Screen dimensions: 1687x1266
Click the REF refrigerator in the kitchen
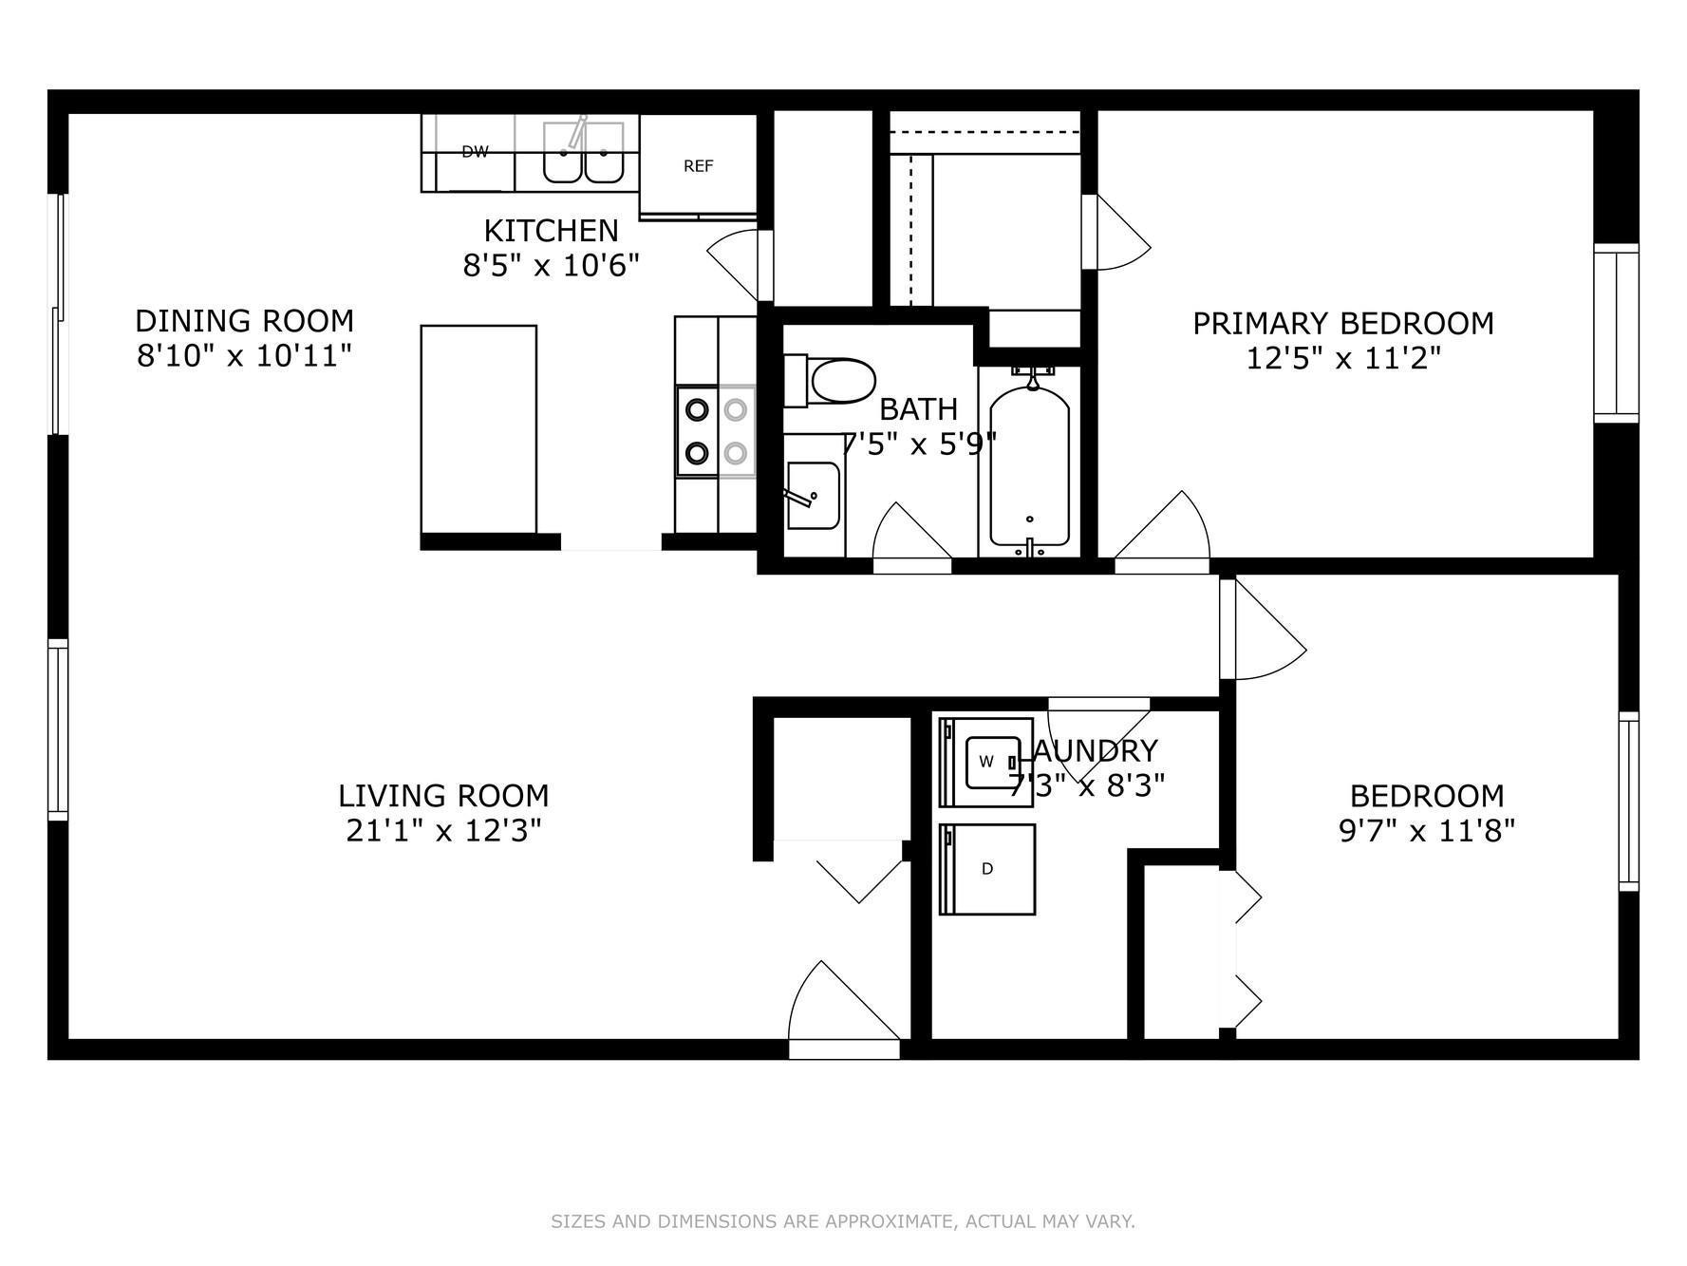tap(698, 165)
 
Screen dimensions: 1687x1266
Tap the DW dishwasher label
tap(475, 151)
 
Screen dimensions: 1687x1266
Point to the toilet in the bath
tap(830, 381)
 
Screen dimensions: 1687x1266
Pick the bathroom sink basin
tap(813, 495)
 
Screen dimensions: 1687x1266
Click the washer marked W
tap(986, 762)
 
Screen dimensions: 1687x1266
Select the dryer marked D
tap(987, 869)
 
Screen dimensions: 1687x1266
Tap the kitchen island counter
tap(478, 429)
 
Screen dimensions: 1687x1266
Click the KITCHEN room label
tap(551, 231)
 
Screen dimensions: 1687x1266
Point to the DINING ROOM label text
tap(244, 320)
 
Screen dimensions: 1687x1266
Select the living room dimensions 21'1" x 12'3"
tap(443, 831)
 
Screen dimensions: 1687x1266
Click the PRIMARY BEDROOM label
tap(1343, 324)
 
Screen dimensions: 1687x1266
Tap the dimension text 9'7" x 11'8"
tap(1427, 831)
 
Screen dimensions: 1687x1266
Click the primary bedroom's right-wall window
tap(1616, 332)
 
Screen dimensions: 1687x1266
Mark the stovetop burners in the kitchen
tap(716, 432)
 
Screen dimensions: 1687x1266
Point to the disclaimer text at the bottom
tap(843, 1221)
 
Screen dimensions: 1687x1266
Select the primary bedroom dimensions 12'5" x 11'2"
tap(1343, 359)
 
